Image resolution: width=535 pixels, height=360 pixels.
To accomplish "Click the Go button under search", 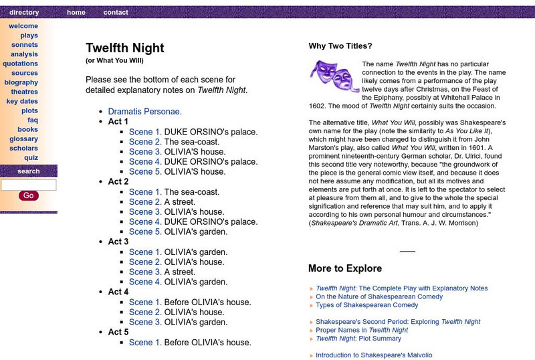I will tap(28, 195).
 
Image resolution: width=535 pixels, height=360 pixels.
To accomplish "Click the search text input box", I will tap(29, 185).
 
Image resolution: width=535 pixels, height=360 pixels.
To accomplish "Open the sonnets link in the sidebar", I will tap(25, 45).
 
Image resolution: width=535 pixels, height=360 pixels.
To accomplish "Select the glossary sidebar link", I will tap(24, 139).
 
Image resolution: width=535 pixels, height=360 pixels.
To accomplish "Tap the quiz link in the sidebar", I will tap(31, 157).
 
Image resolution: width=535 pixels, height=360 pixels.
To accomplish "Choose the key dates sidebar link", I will tap(22, 101).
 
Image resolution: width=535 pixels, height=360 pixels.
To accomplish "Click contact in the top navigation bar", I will tap(116, 12).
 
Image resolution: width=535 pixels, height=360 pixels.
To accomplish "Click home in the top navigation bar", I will tap(76, 12).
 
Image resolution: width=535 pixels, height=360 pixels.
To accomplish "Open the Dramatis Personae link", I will tap(144, 112).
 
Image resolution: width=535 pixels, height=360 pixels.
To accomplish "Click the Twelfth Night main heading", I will tap(124, 48).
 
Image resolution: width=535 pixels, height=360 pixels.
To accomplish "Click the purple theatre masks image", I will tap(334, 76).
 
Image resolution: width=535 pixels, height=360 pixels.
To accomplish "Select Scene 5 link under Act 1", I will tap(144, 172).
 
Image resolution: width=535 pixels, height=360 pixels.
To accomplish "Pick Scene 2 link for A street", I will tap(144, 202).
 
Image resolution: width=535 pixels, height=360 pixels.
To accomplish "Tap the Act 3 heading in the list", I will tap(118, 242).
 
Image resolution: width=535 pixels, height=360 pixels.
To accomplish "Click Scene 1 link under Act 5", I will tap(144, 342).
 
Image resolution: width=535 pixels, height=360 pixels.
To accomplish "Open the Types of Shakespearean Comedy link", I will tap(366, 305).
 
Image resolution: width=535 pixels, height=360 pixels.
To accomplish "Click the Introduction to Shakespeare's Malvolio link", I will tap(374, 355).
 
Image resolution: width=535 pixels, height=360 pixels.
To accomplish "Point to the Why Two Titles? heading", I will tap(340, 46).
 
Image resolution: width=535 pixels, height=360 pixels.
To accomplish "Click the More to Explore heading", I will tap(345, 268).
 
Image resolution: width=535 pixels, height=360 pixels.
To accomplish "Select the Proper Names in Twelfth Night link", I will tap(362, 330).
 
